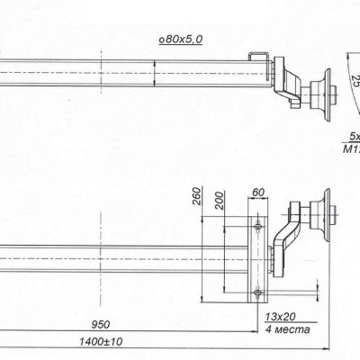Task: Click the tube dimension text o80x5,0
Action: click(x=179, y=40)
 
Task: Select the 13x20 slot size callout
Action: click(x=281, y=318)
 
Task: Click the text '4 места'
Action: click(x=285, y=330)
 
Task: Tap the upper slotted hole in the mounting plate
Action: click(x=259, y=223)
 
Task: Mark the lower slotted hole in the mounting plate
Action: click(x=259, y=290)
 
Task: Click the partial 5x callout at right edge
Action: click(x=353, y=138)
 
